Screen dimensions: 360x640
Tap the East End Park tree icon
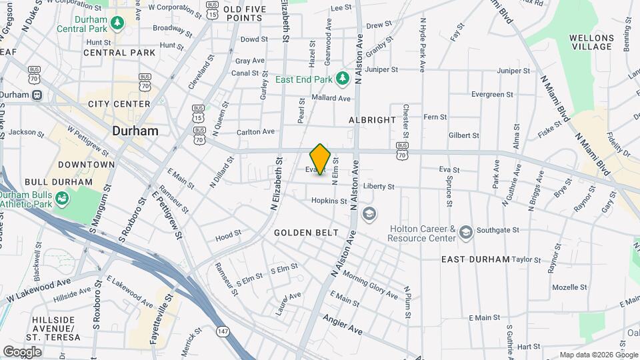coord(343,79)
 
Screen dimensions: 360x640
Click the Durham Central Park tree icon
coord(117,23)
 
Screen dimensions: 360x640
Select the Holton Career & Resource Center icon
coord(465,232)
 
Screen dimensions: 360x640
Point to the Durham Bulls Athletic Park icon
coord(61,198)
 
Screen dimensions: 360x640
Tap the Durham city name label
coord(135,131)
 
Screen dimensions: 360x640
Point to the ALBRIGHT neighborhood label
coord(372,119)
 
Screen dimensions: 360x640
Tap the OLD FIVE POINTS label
coord(245,13)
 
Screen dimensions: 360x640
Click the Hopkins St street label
coord(329,201)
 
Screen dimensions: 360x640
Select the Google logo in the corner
coord(22,351)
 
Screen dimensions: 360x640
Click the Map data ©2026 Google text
coord(597,355)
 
